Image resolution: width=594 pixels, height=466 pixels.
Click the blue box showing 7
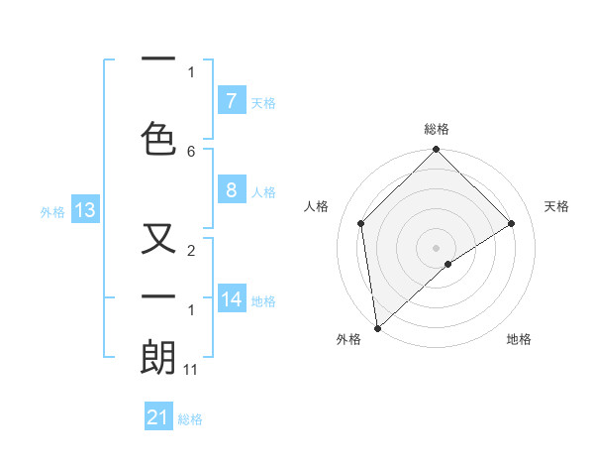231,100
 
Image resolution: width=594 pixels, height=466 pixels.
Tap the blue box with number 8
231,190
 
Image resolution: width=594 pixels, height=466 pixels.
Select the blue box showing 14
232,299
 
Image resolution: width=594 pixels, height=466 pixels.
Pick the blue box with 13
84,209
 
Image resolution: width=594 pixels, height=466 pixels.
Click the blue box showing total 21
158,417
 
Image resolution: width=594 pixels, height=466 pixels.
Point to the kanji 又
159,241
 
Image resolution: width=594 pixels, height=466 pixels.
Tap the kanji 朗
159,357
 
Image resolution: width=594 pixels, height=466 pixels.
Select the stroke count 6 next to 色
191,151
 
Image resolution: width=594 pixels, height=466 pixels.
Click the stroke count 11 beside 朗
192,369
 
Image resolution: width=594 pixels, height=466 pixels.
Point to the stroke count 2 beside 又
191,252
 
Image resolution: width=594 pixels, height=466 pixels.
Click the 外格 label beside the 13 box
51,211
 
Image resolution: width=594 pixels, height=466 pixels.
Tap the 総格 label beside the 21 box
190,419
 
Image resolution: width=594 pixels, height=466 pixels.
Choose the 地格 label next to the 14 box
263,301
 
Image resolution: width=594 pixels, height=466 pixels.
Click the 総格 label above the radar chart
437,129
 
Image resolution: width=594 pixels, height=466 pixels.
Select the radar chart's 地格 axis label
519,339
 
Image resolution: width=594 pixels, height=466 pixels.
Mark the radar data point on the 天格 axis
512,223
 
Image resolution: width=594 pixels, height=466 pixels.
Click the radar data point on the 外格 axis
377,328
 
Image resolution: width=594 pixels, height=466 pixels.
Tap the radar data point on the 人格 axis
361,223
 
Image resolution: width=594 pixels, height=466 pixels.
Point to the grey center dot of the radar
437,247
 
